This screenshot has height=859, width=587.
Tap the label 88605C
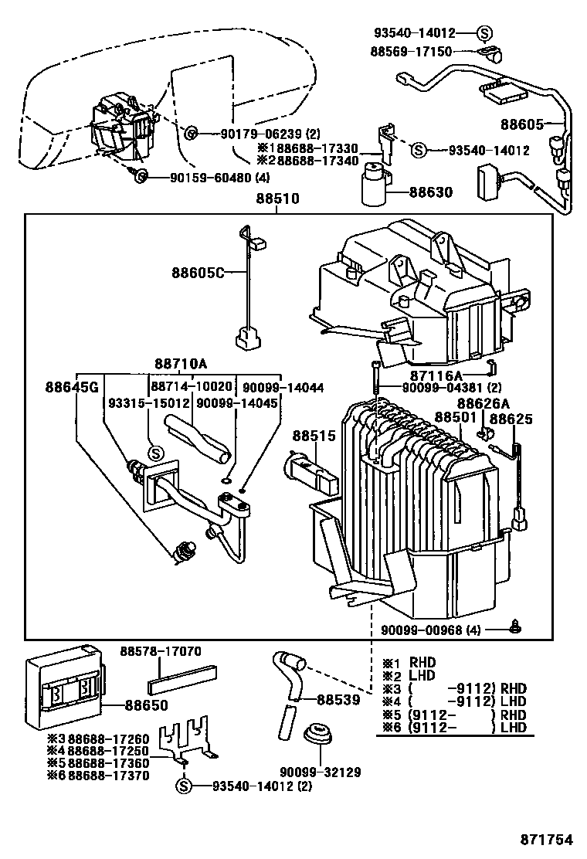198,273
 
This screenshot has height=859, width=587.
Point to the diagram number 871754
548,839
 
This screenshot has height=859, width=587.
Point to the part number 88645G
71,386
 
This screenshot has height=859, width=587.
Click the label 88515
314,436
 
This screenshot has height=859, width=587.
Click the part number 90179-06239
247,134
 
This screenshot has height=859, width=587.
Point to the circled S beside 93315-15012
154,453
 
